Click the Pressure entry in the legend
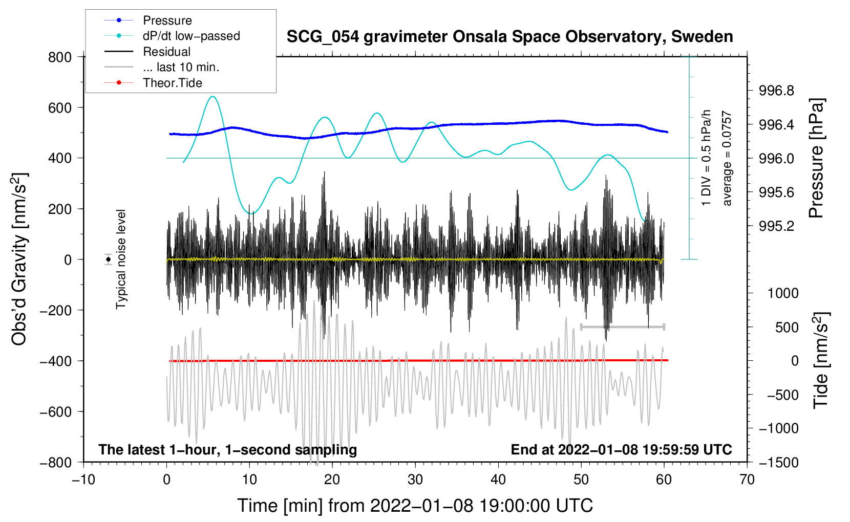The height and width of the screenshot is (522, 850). (167, 20)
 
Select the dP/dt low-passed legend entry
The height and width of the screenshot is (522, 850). (191, 36)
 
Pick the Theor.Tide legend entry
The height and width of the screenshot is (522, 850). (172, 83)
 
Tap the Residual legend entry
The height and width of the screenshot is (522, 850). (166, 52)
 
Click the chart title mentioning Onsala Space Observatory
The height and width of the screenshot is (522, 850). (509, 37)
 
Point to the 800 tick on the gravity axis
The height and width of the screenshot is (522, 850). (60, 57)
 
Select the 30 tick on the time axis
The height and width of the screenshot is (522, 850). (415, 480)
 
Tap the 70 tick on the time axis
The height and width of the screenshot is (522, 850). (747, 480)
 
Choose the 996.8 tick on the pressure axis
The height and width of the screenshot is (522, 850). (776, 91)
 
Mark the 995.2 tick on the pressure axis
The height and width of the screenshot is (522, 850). (776, 226)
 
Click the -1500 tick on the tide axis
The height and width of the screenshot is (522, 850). (779, 462)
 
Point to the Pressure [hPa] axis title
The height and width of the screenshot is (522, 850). (816, 159)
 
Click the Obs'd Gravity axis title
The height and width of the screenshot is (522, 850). (19, 259)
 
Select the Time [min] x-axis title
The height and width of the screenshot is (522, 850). (415, 506)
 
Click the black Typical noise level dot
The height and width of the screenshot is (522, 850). (109, 259)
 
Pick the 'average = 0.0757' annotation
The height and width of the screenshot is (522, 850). (727, 159)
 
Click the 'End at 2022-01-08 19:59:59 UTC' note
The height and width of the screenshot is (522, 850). (621, 450)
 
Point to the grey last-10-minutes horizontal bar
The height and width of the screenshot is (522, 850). (622, 327)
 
